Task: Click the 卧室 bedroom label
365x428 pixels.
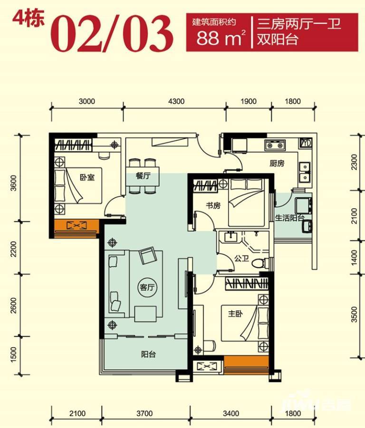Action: (87, 177)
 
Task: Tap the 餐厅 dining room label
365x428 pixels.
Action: (143, 175)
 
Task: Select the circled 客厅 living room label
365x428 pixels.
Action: (147, 287)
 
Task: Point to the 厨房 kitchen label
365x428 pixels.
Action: (277, 163)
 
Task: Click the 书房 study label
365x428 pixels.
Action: (213, 205)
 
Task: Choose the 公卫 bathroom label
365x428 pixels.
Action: (242, 258)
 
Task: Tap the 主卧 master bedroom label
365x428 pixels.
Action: (235, 314)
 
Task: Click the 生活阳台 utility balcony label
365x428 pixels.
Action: (290, 218)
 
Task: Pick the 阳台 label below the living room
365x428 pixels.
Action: (148, 354)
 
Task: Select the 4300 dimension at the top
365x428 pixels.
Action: (176, 101)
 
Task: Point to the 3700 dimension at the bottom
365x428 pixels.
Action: (144, 413)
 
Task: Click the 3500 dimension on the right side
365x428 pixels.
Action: (354, 314)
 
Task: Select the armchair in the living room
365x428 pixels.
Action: (147, 255)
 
